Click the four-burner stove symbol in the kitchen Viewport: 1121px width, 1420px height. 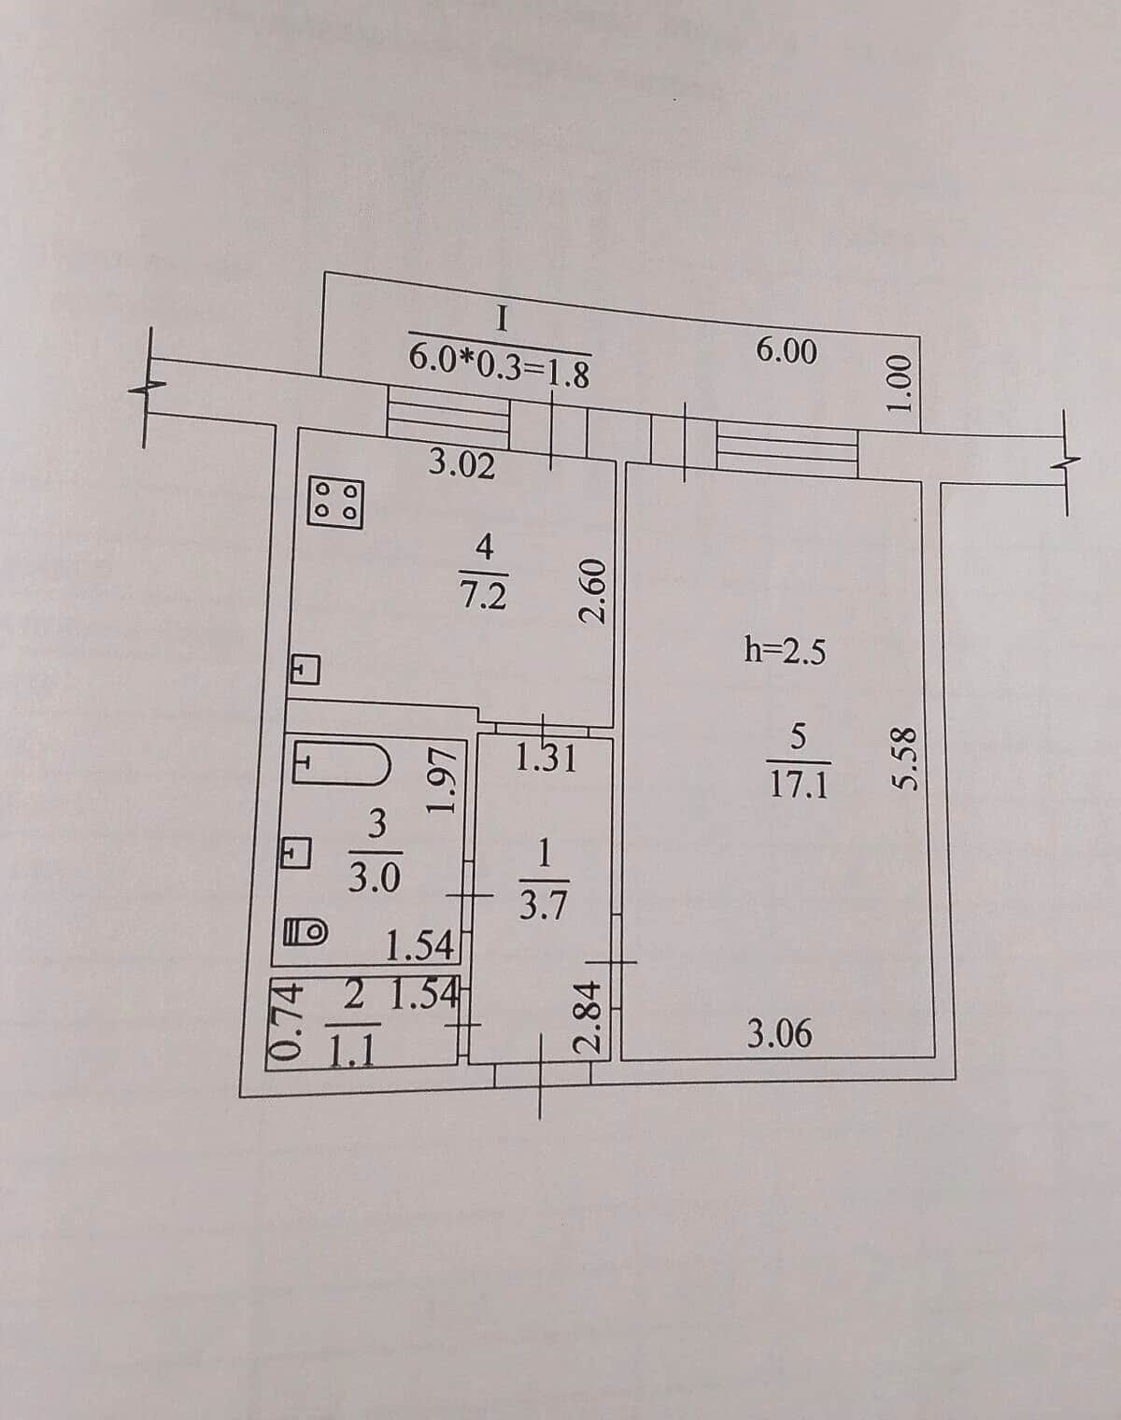point(336,503)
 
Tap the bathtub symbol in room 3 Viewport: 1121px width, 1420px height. point(342,763)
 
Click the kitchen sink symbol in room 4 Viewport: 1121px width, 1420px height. point(305,670)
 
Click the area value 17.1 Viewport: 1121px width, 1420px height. point(799,786)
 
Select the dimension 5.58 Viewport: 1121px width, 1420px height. point(902,759)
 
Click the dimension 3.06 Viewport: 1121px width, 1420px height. point(779,1034)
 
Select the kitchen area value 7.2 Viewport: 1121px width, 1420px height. point(483,597)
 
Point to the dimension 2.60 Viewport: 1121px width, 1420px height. point(592,591)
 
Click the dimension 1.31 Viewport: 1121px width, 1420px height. point(546,759)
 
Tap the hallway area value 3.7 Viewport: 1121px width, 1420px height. point(543,907)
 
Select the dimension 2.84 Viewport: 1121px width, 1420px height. point(587,1016)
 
